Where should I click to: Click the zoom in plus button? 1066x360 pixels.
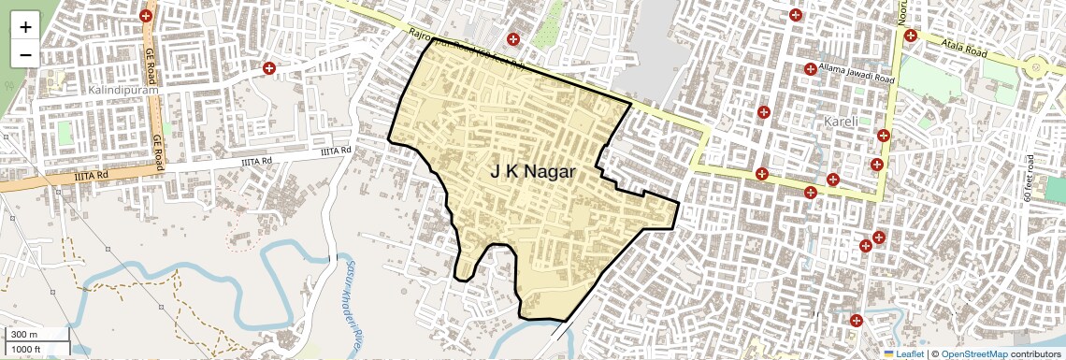25,26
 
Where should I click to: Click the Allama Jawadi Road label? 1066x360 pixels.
857,69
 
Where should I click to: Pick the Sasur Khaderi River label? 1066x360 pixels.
343,303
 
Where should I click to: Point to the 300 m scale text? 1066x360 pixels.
25,335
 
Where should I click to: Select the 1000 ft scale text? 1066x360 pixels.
27,350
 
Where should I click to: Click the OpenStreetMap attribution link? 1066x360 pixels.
974,353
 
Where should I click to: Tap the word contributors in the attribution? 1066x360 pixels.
1035,353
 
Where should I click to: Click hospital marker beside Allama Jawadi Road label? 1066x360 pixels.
810,69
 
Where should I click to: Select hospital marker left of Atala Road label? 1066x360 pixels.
910,36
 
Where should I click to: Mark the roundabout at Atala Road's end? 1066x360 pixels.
1034,67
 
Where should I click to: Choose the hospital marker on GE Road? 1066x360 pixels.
146,16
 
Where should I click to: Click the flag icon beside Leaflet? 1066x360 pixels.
888,353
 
